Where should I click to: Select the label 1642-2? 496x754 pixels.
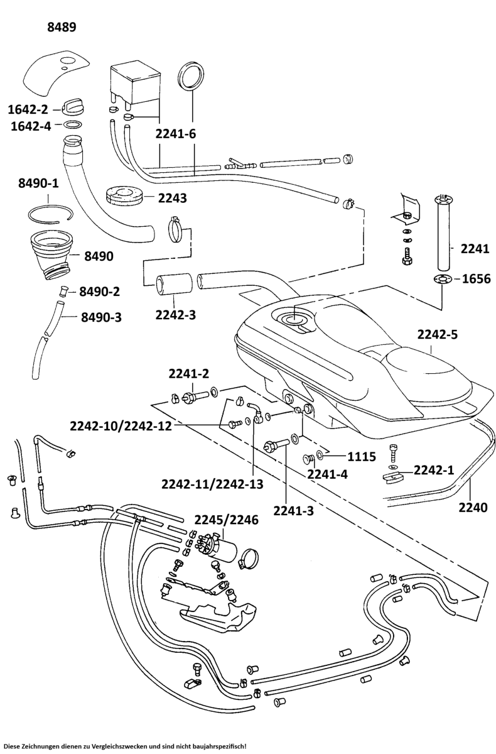(29, 109)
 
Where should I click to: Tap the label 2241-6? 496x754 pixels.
(176, 133)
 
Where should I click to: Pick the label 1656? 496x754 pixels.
(477, 278)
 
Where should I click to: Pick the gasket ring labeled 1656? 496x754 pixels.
(442, 280)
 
